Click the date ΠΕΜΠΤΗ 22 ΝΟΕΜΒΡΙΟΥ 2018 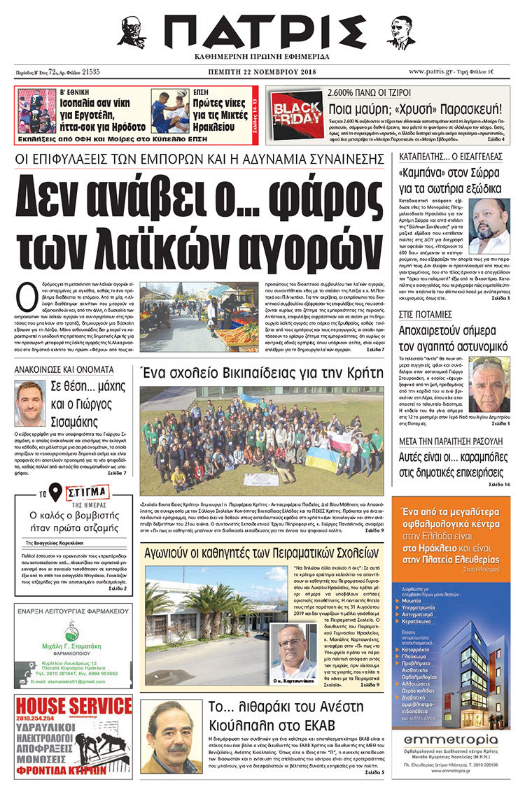coord(262,71)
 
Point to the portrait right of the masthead coord(400,31)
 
